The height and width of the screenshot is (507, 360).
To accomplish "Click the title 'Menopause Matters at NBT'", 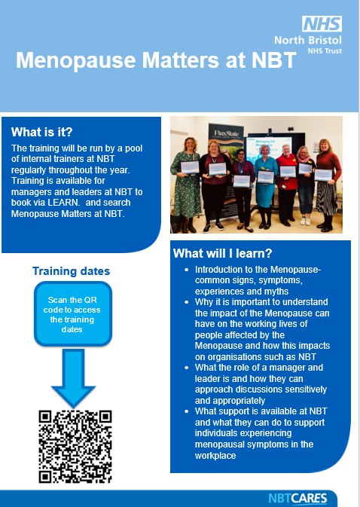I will pos(156,61).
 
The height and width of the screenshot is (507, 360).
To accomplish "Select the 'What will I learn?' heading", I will pos(222,253).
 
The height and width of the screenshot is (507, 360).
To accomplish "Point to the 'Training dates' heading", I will pos(71,270).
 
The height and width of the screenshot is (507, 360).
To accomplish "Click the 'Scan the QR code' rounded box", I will pos(72,313).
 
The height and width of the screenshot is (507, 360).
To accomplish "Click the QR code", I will pos(75,446).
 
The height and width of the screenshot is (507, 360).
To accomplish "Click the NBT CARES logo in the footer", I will pos(297,498).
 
